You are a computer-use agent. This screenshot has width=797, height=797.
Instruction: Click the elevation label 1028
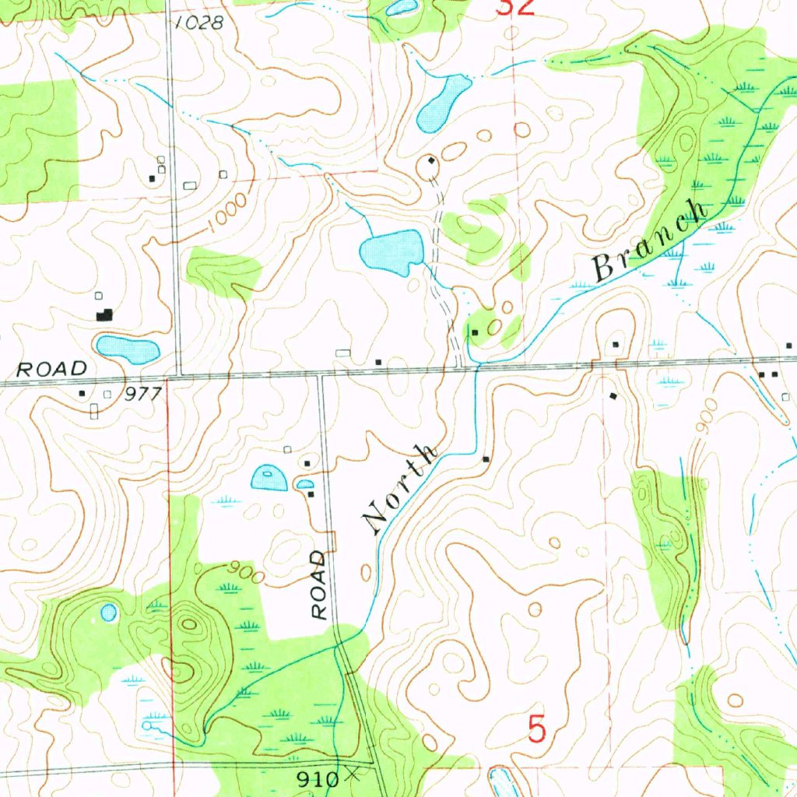tap(199, 23)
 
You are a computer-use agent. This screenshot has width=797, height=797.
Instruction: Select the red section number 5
tap(537, 730)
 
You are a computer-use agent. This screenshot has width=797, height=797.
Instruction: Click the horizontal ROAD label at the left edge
tap(52, 369)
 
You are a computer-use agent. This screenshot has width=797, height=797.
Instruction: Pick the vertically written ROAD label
tap(319, 585)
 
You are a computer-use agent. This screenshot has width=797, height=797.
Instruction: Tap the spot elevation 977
tap(143, 395)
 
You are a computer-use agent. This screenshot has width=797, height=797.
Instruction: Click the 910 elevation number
tap(319, 778)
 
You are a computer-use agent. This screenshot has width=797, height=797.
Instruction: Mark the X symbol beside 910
tap(355, 774)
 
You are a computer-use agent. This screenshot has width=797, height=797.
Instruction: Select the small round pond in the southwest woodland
tap(108, 613)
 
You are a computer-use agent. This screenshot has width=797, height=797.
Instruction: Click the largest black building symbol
tap(104, 315)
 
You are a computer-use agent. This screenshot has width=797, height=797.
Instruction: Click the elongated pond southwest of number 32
tap(442, 102)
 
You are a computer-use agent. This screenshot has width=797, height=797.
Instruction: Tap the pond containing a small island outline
tap(269, 476)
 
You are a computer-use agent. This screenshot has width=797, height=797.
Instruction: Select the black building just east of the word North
tap(486, 459)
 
